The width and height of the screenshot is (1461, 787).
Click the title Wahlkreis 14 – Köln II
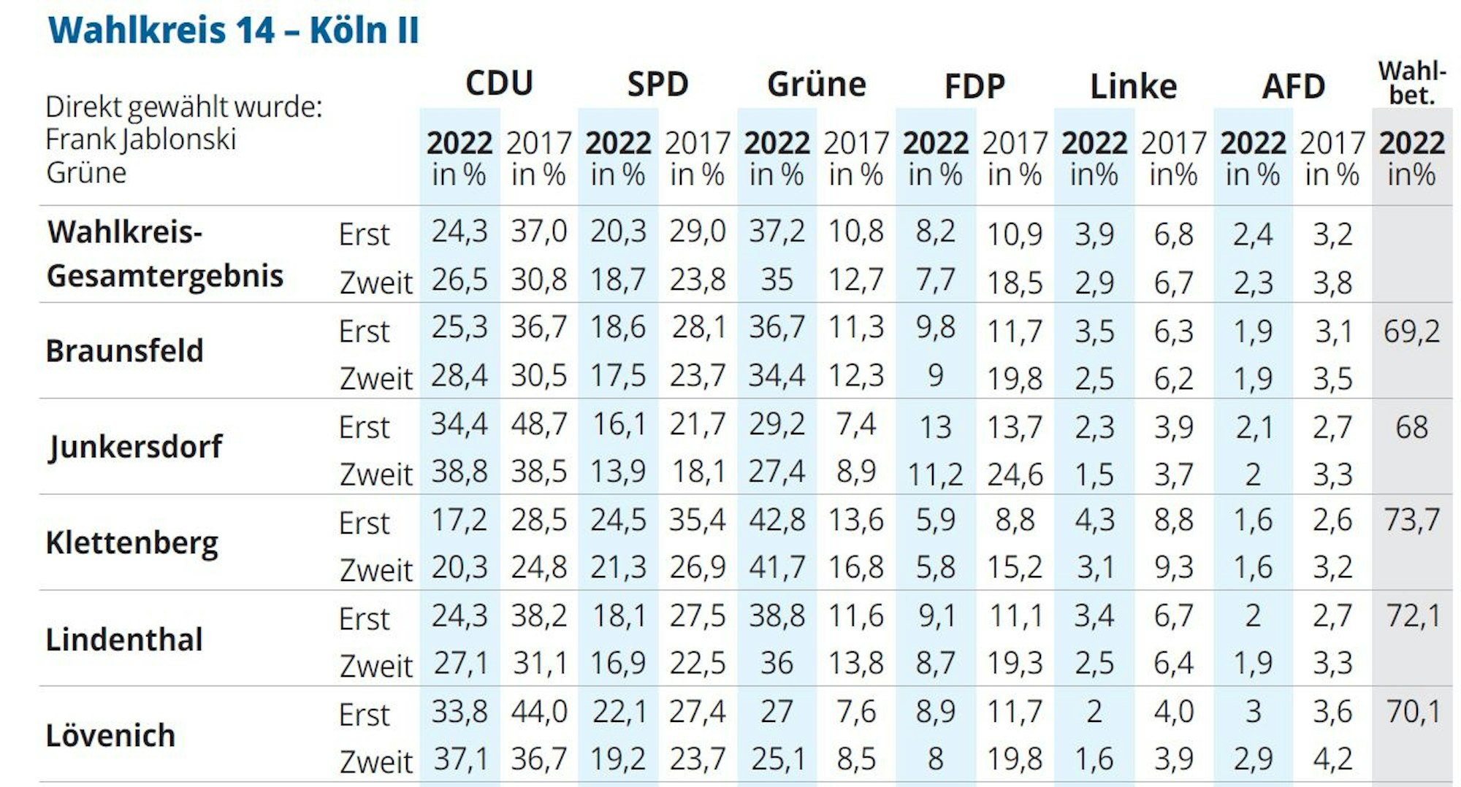click(233, 31)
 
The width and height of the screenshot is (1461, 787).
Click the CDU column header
click(499, 84)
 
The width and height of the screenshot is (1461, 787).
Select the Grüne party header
click(816, 85)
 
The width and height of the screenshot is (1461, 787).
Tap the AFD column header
click(1293, 87)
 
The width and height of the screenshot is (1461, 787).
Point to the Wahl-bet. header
click(1411, 83)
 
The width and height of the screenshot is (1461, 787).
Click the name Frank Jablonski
click(140, 139)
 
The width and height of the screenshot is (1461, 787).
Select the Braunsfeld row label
click(124, 351)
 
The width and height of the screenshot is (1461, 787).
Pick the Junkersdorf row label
click(135, 447)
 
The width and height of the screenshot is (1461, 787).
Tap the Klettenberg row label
click(131, 543)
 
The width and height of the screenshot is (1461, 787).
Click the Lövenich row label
click(110, 735)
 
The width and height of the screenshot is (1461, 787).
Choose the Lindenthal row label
click(123, 640)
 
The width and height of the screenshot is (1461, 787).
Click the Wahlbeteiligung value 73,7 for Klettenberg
click(1411, 520)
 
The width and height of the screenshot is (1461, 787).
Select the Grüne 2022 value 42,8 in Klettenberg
click(776, 520)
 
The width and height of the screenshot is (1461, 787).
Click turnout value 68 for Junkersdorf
click(1411, 427)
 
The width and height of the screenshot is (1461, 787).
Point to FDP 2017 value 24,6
click(1015, 475)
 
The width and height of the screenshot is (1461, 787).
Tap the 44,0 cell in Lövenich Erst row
click(538, 711)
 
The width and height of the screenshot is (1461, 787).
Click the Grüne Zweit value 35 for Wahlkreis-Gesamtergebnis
click(776, 280)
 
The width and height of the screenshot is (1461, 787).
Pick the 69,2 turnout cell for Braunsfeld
click(1411, 331)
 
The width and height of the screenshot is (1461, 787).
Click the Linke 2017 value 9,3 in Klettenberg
click(1173, 567)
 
